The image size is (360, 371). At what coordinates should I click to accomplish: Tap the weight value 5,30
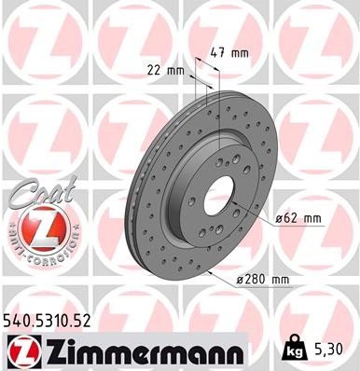(332, 349)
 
